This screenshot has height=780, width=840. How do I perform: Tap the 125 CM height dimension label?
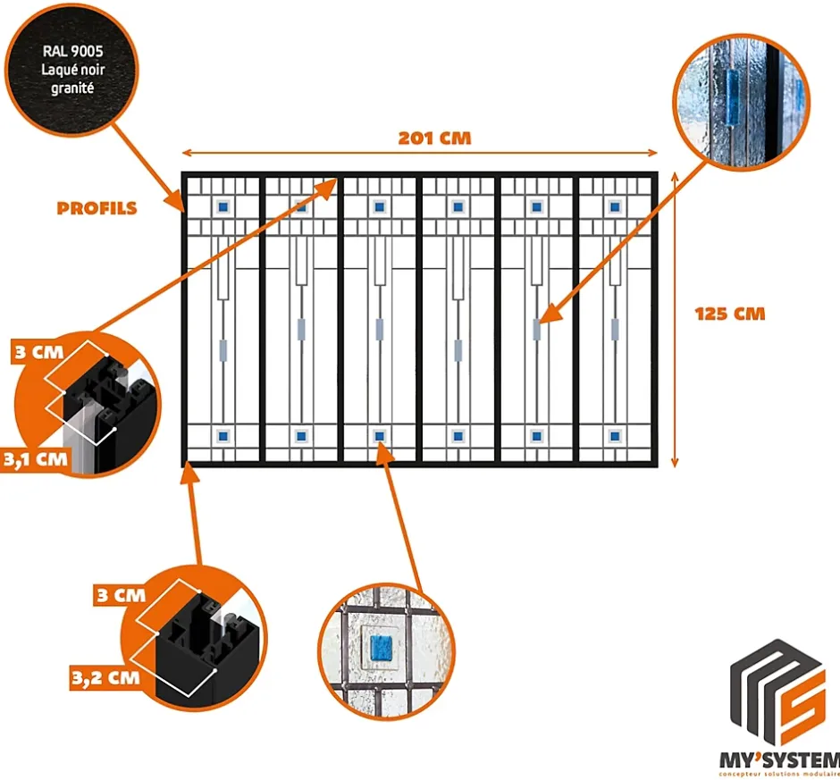(730, 314)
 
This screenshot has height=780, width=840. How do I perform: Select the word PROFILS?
(97, 208)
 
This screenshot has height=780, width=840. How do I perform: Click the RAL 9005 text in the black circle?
(72, 52)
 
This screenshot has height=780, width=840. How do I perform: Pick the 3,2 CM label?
(105, 676)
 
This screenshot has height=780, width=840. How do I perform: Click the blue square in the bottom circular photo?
(382, 646)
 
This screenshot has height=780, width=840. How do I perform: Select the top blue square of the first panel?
(223, 206)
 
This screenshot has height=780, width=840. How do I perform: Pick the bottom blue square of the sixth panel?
(615, 436)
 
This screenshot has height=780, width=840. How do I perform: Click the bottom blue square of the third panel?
(379, 436)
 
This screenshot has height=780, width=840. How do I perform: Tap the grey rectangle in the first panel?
(223, 348)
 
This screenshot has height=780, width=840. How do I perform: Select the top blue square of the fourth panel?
(458, 206)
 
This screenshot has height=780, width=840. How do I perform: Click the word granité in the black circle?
(72, 89)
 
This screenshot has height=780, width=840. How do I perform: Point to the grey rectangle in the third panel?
(379, 329)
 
